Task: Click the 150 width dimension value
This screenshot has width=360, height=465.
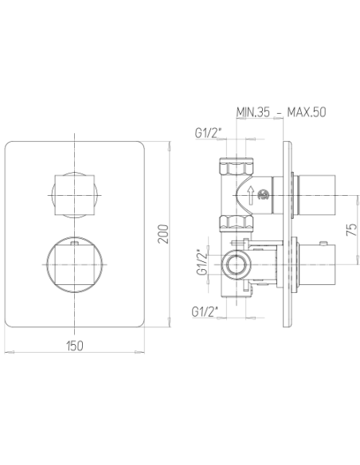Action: click(x=75, y=346)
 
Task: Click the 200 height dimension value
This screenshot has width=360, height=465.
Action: click(x=163, y=234)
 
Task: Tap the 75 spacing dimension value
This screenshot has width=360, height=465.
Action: click(x=352, y=229)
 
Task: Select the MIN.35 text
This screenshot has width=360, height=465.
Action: click(x=253, y=112)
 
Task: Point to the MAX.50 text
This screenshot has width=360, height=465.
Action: click(x=307, y=112)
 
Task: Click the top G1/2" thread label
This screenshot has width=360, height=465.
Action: click(x=209, y=133)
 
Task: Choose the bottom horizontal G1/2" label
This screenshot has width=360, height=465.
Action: click(x=205, y=311)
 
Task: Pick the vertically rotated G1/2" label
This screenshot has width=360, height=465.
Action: click(x=202, y=263)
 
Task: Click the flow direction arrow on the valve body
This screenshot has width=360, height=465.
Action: click(x=251, y=195)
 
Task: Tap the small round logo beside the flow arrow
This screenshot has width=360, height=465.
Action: click(x=263, y=195)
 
